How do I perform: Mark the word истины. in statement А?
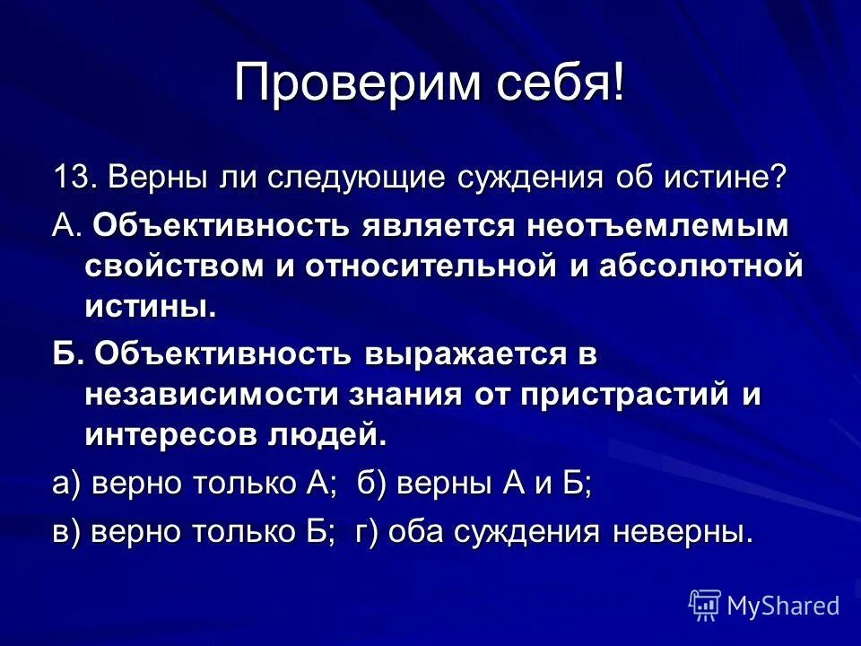point(151,308)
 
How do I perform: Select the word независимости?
point(224,395)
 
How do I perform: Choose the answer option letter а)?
point(67,485)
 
